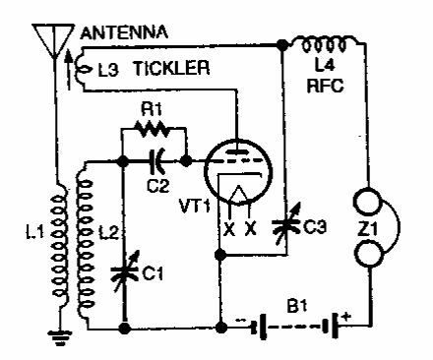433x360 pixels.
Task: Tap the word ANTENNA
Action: (124, 32)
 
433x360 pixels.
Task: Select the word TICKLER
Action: (171, 68)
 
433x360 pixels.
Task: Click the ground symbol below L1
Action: (59, 338)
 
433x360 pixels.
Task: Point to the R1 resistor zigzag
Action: (152, 129)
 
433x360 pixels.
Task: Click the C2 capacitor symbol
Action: (157, 161)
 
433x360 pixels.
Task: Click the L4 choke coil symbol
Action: (324, 43)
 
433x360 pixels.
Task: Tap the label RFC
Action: (325, 86)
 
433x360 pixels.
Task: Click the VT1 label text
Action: (195, 206)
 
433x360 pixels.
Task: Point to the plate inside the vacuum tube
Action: (237, 151)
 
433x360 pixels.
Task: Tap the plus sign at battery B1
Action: (345, 317)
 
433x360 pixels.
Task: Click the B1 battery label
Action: (297, 306)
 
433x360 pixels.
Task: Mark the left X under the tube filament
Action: (229, 228)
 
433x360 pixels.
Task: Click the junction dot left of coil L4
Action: (281, 44)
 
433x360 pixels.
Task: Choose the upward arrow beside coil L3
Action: (68, 70)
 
